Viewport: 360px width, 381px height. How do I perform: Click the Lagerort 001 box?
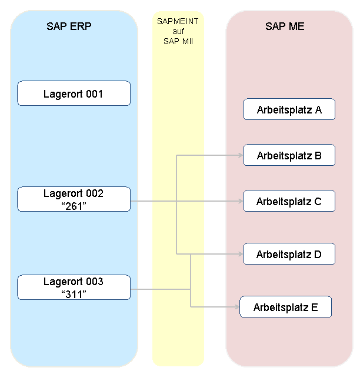(x=74, y=93)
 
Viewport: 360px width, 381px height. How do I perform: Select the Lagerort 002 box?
(x=74, y=199)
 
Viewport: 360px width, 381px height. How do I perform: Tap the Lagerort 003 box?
(x=74, y=287)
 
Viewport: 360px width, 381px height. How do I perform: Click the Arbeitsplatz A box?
(x=289, y=109)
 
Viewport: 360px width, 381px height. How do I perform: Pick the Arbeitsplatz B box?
(x=289, y=155)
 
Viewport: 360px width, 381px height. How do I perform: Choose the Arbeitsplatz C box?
(x=289, y=201)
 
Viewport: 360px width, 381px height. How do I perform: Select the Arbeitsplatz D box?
(x=289, y=253)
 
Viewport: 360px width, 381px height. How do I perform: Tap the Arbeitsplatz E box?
(x=286, y=307)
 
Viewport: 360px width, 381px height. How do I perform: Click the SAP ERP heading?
(x=69, y=26)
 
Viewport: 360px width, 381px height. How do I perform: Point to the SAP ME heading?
(x=285, y=26)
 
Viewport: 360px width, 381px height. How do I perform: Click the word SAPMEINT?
(x=178, y=21)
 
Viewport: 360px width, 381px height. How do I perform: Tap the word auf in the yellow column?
(x=178, y=31)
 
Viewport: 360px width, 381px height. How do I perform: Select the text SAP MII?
(x=178, y=41)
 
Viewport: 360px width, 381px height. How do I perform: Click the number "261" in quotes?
(x=74, y=206)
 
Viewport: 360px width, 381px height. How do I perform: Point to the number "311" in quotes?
(x=74, y=294)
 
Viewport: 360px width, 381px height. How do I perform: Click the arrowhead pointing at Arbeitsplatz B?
(x=241, y=155)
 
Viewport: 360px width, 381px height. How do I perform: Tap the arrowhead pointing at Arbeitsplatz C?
(x=241, y=201)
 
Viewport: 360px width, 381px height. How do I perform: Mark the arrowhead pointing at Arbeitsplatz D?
(x=241, y=254)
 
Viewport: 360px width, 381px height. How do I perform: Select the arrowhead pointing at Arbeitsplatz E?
(x=238, y=307)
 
